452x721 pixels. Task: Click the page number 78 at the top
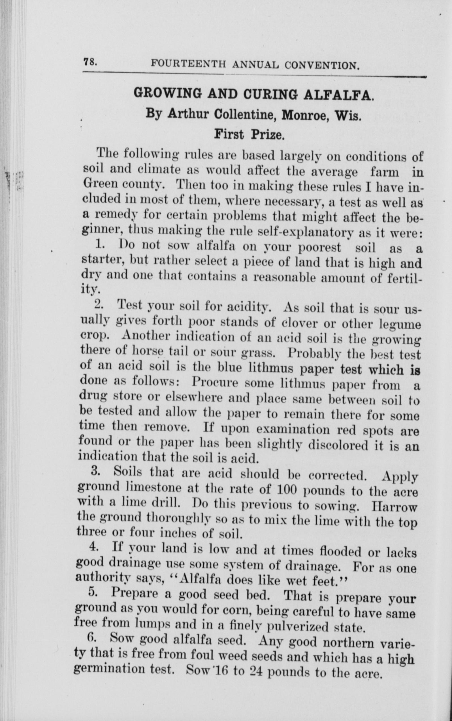click(x=89, y=62)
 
